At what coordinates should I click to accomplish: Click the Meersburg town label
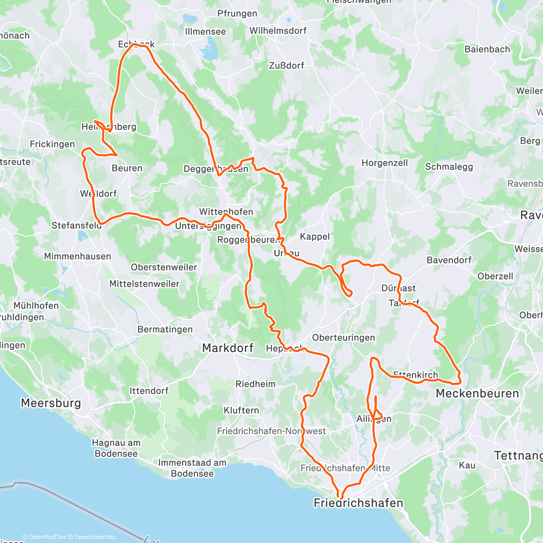click(51, 403)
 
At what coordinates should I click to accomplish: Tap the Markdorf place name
click(228, 348)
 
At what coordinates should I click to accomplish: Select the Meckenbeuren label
click(477, 393)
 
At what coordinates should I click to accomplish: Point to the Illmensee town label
click(205, 32)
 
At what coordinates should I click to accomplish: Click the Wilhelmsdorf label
click(278, 31)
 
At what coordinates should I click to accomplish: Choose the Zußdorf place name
click(286, 66)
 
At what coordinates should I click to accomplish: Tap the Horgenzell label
click(385, 163)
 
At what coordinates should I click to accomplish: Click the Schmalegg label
click(449, 167)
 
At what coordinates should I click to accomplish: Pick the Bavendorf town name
click(449, 260)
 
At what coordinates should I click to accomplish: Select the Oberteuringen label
click(343, 338)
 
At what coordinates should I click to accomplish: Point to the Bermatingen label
click(165, 329)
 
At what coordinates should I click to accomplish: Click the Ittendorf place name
click(149, 391)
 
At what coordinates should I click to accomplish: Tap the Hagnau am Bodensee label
click(116, 448)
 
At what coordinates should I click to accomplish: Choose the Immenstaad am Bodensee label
click(192, 468)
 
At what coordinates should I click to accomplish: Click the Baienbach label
click(487, 49)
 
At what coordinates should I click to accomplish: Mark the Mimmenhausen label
click(77, 257)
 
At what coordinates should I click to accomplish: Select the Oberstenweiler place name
click(164, 267)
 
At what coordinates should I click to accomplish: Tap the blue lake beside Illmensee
click(209, 51)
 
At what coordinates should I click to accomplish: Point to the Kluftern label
click(241, 410)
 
